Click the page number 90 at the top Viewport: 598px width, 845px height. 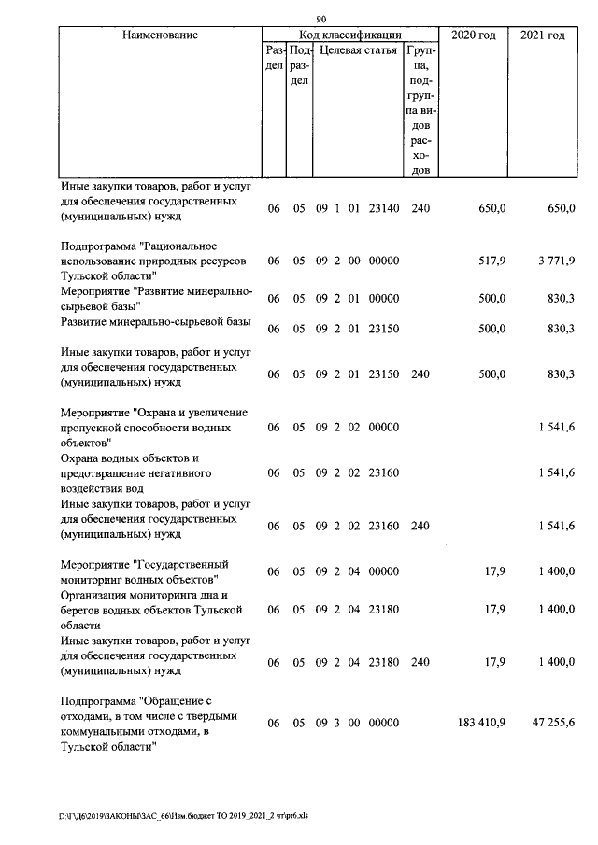321,19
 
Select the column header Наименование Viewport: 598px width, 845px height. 159,35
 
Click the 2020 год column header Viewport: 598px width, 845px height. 474,35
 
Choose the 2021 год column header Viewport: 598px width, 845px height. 543,35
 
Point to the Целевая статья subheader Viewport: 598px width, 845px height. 358,50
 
